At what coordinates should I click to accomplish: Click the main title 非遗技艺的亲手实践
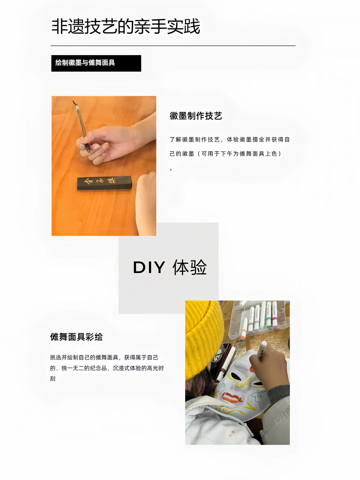[126, 26]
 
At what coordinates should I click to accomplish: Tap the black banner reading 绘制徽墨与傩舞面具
[96, 63]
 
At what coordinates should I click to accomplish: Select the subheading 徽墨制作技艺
[196, 116]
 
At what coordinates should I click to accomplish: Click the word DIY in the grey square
[149, 267]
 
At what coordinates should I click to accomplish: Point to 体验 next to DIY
[190, 267]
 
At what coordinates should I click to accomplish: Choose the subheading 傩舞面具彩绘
[76, 337]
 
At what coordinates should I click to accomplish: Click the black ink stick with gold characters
[104, 183]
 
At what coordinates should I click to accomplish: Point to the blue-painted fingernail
[82, 146]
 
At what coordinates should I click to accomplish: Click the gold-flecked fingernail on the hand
[106, 144]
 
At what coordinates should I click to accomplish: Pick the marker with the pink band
[275, 315]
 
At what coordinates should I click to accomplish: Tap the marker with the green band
[269, 315]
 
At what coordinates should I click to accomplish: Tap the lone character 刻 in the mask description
[53, 379]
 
